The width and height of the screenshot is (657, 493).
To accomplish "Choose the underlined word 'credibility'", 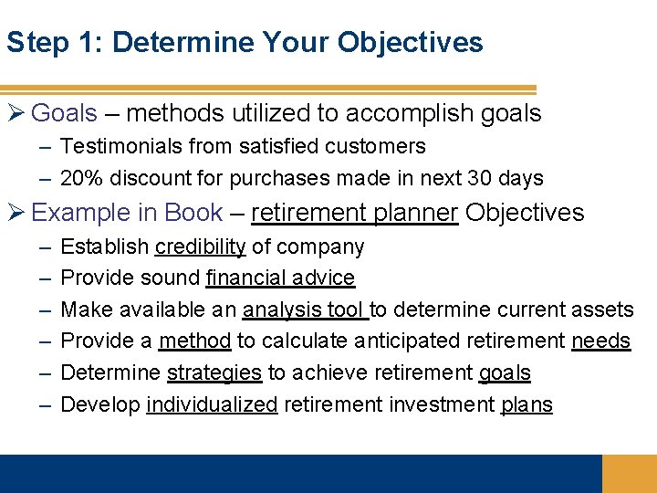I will [x=200, y=246].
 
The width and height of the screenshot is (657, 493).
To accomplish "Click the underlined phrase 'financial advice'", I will [x=280, y=278].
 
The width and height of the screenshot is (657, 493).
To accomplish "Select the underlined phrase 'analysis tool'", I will [x=304, y=309].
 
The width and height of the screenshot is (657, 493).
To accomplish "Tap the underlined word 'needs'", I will [x=600, y=341].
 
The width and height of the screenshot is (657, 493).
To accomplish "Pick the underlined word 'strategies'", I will [x=214, y=372].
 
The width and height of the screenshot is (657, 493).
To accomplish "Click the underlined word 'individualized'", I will [x=211, y=404].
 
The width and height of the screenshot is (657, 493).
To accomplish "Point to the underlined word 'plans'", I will [x=527, y=404].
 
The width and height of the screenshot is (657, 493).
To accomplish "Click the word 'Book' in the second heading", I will [x=193, y=213].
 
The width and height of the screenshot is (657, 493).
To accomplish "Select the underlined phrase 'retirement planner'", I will [x=354, y=213].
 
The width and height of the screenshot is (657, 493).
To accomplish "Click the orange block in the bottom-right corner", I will [x=629, y=474].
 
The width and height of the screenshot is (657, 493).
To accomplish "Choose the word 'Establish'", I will [x=104, y=246].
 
